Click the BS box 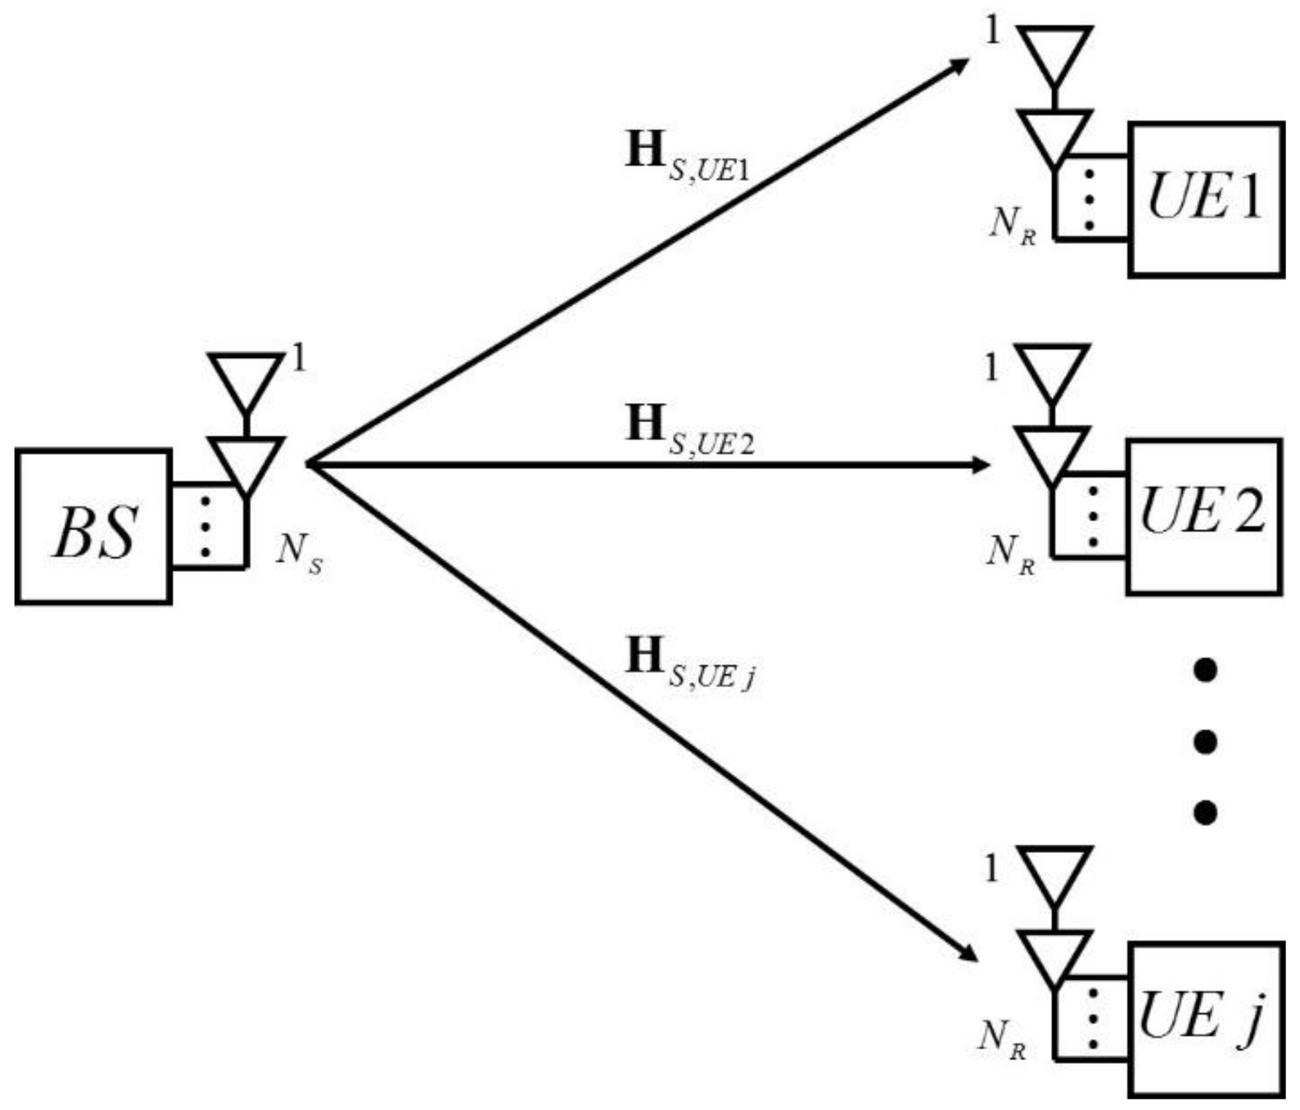tap(94, 527)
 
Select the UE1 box tap(1206, 200)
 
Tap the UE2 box tap(1204, 517)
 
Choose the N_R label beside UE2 tap(1009, 554)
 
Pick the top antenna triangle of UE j tap(1054, 872)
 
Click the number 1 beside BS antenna tap(299, 360)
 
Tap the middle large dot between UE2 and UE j tap(1206, 741)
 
